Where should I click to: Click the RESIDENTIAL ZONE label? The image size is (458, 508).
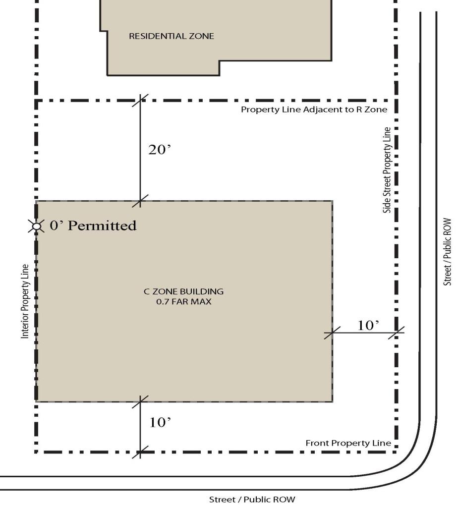click(x=172, y=36)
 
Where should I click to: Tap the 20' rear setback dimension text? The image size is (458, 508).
click(x=160, y=150)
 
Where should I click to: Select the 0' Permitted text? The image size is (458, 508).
click(x=93, y=226)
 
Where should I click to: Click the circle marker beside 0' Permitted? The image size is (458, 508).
click(x=37, y=226)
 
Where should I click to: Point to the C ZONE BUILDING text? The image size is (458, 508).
click(x=184, y=291)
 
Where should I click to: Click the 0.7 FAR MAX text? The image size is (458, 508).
click(x=184, y=302)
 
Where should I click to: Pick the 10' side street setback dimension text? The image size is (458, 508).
click(x=368, y=325)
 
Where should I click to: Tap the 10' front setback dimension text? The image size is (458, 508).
click(x=160, y=422)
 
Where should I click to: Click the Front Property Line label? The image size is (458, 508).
click(x=348, y=443)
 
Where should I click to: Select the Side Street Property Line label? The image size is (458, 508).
click(x=387, y=170)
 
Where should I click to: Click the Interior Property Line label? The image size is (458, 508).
click(x=25, y=302)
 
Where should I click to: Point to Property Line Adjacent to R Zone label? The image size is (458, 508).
click(x=314, y=110)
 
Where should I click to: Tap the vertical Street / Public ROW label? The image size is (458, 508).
click(x=447, y=252)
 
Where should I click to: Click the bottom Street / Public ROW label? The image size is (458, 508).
click(x=252, y=499)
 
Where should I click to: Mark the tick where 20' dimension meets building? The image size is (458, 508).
click(x=140, y=201)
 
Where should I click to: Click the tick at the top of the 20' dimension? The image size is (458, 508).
click(x=140, y=101)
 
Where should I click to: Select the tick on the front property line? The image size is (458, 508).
click(x=140, y=452)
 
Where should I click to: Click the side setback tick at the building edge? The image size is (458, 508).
click(x=333, y=333)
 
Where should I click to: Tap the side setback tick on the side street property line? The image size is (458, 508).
click(x=396, y=333)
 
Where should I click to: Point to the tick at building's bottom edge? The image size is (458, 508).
click(x=140, y=402)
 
